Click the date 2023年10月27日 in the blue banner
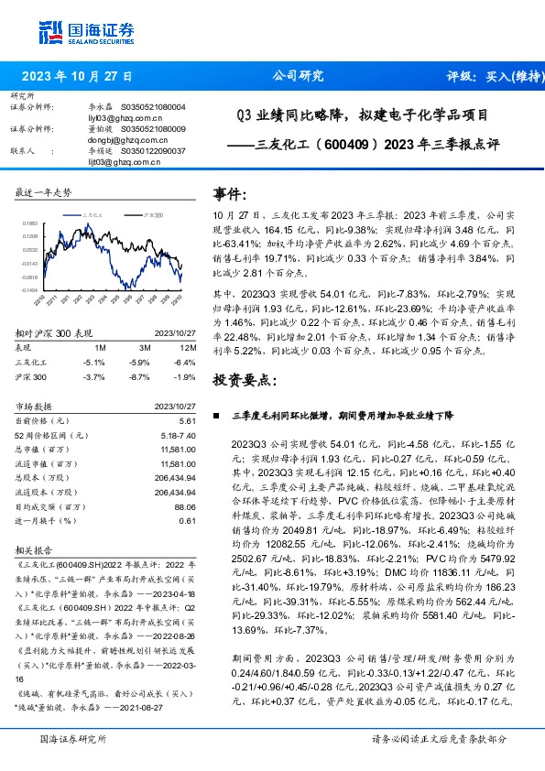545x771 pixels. point(77,77)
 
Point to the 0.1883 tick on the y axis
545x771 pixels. point(28,223)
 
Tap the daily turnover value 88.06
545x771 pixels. point(186,505)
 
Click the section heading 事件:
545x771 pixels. point(231,195)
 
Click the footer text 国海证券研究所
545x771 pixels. point(75,737)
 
